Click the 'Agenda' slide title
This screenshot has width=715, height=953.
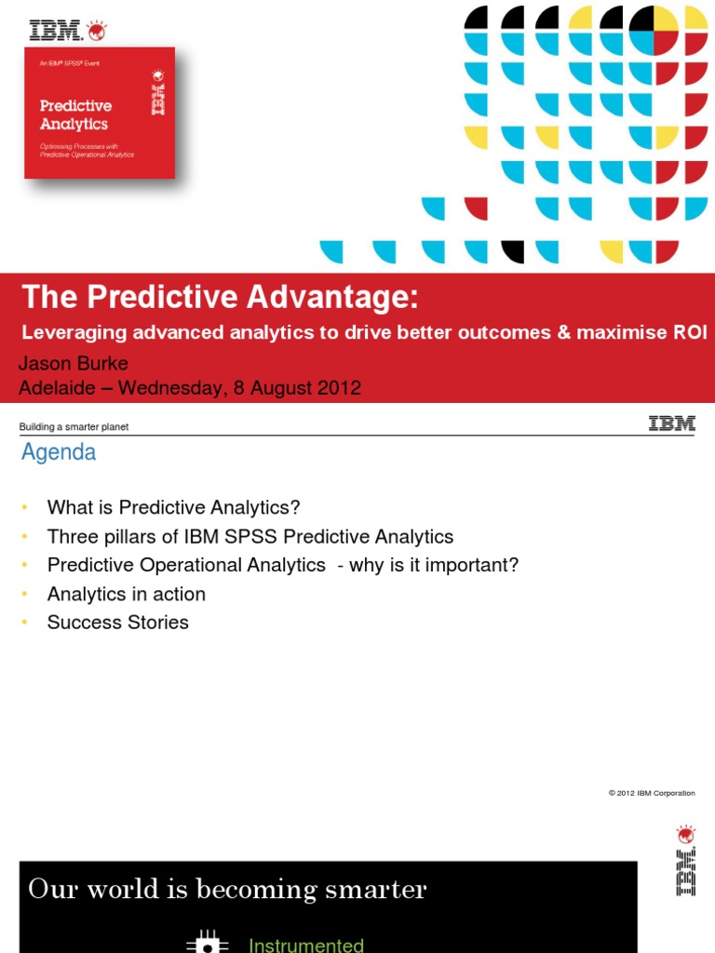pyautogui.click(x=59, y=453)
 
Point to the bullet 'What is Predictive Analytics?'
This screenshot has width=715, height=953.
pyautogui.click(x=174, y=508)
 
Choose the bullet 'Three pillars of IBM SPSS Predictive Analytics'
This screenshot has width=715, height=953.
pyautogui.click(x=250, y=537)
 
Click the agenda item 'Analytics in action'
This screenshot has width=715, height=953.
pyautogui.click(x=127, y=594)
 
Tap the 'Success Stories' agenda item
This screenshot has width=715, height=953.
pyautogui.click(x=118, y=623)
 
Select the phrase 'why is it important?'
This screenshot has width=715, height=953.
pyautogui.click(x=434, y=565)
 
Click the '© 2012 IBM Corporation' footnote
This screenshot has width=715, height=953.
pyautogui.click(x=652, y=793)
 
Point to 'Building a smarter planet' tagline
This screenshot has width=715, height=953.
pyautogui.click(x=74, y=427)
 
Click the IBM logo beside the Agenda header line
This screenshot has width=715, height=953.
pyautogui.click(x=671, y=424)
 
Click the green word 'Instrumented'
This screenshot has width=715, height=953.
pyautogui.click(x=306, y=945)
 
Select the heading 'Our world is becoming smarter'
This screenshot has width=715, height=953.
pyautogui.click(x=228, y=890)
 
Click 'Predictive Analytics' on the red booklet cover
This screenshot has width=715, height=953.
pyautogui.click(x=74, y=115)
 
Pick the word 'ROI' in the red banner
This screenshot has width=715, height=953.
pyautogui.click(x=690, y=331)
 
